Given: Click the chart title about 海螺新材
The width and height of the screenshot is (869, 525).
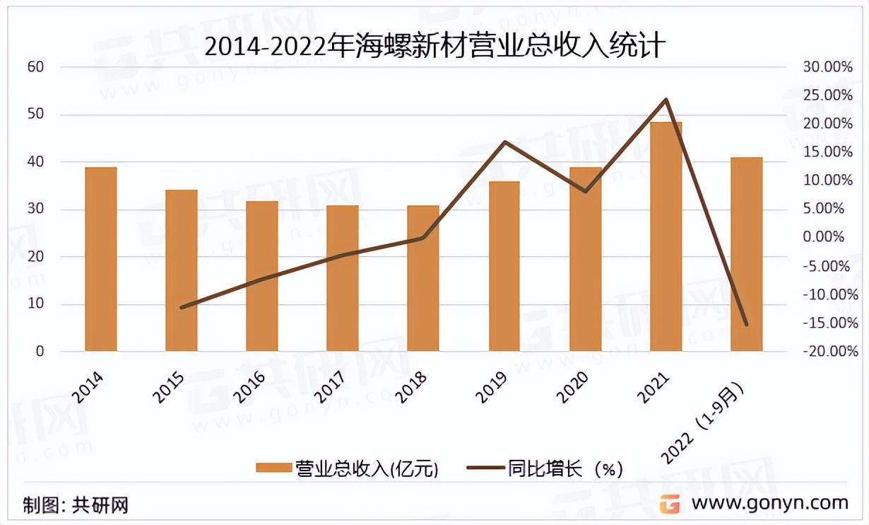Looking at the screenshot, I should coord(434,46).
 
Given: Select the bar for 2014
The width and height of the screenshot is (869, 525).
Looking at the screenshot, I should coord(101,259).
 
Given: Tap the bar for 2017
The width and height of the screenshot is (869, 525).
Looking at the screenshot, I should coord(343,278).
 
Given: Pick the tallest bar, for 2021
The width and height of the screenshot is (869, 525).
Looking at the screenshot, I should coord(666,236).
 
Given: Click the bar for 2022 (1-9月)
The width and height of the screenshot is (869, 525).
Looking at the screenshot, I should coord(746,254).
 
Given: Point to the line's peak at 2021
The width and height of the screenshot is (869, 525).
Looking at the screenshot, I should coord(666,100).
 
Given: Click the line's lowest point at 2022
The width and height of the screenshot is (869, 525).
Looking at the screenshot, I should coord(746,325).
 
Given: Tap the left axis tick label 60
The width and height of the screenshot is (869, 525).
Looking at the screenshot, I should coord(35,67).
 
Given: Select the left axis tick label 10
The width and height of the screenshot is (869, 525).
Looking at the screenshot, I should coord(35,304).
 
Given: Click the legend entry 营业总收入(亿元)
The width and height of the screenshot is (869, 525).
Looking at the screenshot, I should coord(346,468).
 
